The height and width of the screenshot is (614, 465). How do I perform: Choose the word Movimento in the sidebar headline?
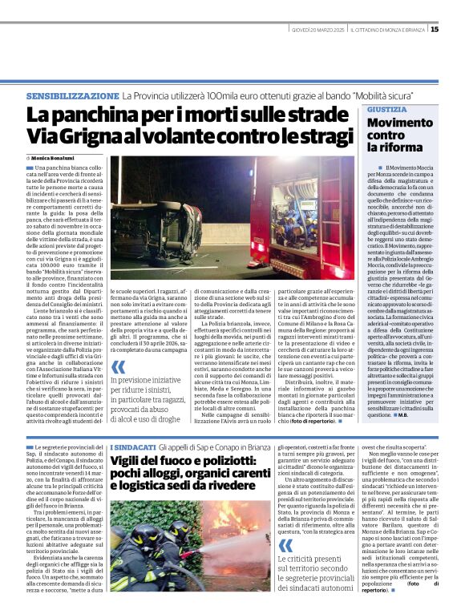tap(402, 123)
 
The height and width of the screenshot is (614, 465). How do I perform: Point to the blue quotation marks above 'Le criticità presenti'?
tap(285, 521)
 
